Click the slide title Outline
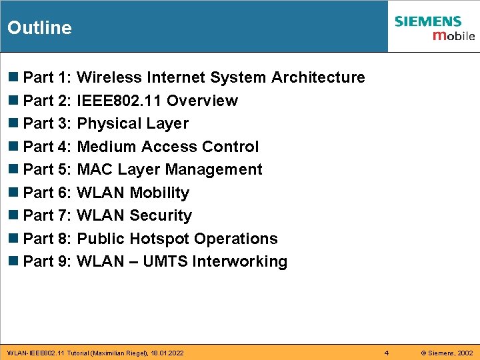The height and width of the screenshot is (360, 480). (x=39, y=27)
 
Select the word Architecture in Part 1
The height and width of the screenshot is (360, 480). (x=318, y=77)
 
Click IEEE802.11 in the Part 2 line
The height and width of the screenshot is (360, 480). (x=119, y=101)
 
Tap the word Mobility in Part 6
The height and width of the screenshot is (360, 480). (x=159, y=193)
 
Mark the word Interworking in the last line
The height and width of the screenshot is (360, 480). (x=239, y=261)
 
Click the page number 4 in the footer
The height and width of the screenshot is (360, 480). (x=387, y=352)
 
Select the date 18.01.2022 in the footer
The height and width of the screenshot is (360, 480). (x=167, y=352)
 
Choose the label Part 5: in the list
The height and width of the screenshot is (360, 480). (x=47, y=169)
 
